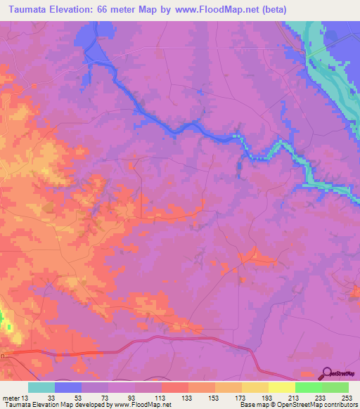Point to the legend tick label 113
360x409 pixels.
click(161, 398)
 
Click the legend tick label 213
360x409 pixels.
click(295, 398)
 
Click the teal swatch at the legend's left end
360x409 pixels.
click(41, 387)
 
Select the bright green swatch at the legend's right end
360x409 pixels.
click(335, 387)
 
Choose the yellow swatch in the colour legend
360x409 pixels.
click(281, 387)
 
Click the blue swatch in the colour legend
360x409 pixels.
click(68, 387)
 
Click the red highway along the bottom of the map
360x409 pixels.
click(176, 339)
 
